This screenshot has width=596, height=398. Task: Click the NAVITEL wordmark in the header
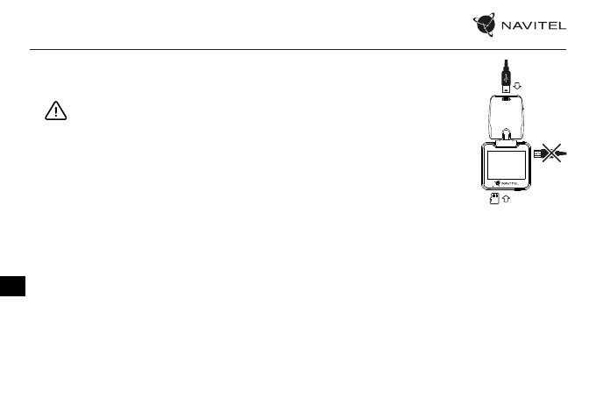click(x=532, y=25)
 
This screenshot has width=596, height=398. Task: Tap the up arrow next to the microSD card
click(x=507, y=200)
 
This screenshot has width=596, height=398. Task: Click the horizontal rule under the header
click(x=298, y=49)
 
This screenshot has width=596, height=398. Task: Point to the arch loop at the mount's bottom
click(x=507, y=133)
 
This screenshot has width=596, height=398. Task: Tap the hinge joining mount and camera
click(x=507, y=141)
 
